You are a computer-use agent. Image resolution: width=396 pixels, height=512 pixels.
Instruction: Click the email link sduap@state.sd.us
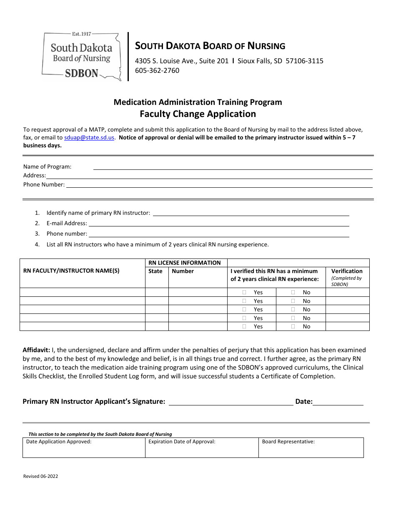tap(89, 137)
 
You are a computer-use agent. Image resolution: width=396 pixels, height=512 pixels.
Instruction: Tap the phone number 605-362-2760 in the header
tap(157, 70)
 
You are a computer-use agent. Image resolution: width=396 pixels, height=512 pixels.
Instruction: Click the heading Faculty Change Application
tap(198, 114)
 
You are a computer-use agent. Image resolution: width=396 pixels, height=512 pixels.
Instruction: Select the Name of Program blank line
tap(233, 167)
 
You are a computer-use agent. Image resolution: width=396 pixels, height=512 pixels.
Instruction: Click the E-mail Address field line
tap(219, 224)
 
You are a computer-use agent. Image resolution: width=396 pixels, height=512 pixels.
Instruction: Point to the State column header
tap(155, 271)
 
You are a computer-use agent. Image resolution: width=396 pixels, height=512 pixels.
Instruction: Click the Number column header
tap(183, 271)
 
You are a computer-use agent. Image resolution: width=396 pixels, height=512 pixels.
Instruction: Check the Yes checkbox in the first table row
tap(244, 292)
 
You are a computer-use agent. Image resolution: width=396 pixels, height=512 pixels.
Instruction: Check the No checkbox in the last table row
tap(293, 326)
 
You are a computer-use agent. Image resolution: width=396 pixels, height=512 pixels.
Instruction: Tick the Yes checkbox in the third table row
tap(244, 309)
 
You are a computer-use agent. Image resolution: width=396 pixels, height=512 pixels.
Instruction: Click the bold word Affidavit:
tap(36, 350)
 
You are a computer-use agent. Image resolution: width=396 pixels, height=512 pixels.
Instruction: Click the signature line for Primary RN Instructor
tap(231, 402)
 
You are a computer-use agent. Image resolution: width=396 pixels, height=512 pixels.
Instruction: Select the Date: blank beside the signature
tap(338, 402)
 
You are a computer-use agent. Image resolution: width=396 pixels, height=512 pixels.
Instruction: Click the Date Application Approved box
tap(84, 447)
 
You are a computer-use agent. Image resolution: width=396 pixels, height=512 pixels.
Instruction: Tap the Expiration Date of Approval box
tap(202, 447)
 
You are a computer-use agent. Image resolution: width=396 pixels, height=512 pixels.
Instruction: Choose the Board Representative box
tap(311, 447)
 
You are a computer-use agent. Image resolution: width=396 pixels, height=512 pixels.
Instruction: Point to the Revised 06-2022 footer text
tap(41, 477)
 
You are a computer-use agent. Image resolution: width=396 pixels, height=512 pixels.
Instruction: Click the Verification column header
tap(347, 271)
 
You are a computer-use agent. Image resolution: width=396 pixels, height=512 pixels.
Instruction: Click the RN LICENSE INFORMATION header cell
tap(185, 263)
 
